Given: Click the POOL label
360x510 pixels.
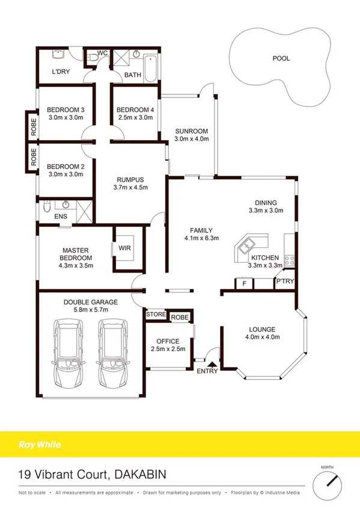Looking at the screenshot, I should click(281, 58).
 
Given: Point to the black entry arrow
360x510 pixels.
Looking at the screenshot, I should click(211, 363).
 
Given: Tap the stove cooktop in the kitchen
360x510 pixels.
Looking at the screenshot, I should click(289, 260).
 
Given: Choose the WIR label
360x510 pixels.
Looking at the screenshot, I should click(125, 248).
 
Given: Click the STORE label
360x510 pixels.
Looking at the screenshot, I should click(155, 315).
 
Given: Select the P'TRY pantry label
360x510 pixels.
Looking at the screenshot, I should click(283, 281).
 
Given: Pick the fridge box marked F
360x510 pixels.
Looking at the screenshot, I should click(243, 283).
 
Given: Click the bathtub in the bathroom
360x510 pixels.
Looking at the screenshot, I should click(150, 64).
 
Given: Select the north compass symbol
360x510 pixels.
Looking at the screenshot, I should click(329, 481).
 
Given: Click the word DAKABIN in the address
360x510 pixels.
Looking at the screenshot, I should click(139, 475).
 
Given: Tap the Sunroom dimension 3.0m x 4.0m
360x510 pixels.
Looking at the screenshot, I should click(191, 140).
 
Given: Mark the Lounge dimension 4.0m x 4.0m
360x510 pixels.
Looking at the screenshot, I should click(260, 337).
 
